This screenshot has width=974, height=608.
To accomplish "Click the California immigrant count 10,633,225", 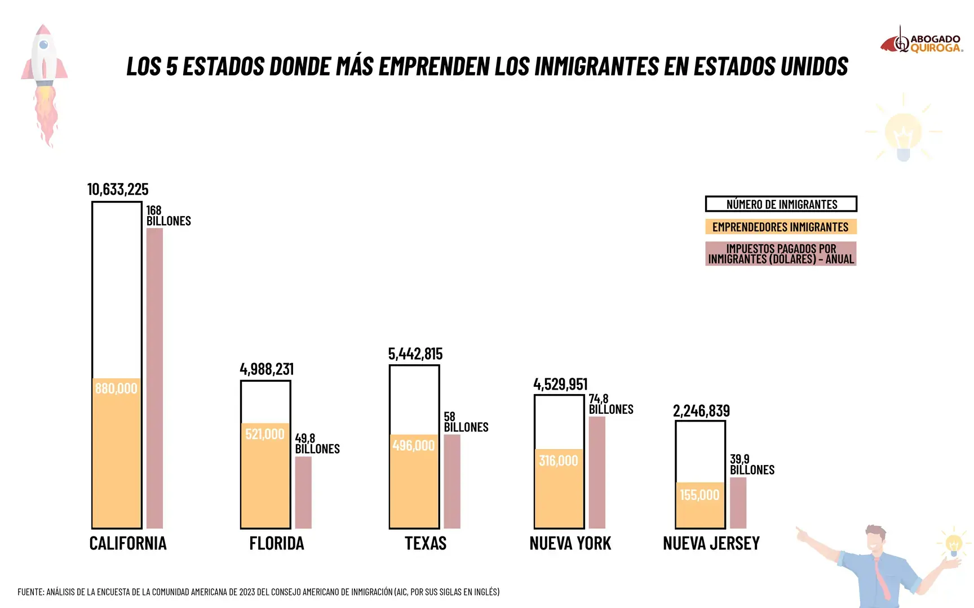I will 118,190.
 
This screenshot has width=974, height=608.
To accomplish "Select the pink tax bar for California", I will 154,377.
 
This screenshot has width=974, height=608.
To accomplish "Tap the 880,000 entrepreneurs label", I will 116,388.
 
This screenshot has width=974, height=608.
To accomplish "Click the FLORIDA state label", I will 277,543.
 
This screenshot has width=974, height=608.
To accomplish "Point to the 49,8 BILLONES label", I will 317,444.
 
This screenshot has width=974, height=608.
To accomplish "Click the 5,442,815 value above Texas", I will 415,354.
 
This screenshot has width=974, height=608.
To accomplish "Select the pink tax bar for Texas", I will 452,481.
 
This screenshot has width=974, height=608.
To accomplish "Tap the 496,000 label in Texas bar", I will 414,446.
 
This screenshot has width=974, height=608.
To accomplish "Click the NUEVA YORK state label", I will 570,543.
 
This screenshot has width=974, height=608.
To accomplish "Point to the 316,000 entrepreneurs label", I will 559,461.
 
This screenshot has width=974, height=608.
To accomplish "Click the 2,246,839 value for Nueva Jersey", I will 701,411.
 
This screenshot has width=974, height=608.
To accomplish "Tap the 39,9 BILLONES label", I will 752,464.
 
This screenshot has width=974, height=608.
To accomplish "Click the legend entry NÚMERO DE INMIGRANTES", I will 781,204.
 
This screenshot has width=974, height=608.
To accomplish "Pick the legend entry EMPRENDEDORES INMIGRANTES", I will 781,227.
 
